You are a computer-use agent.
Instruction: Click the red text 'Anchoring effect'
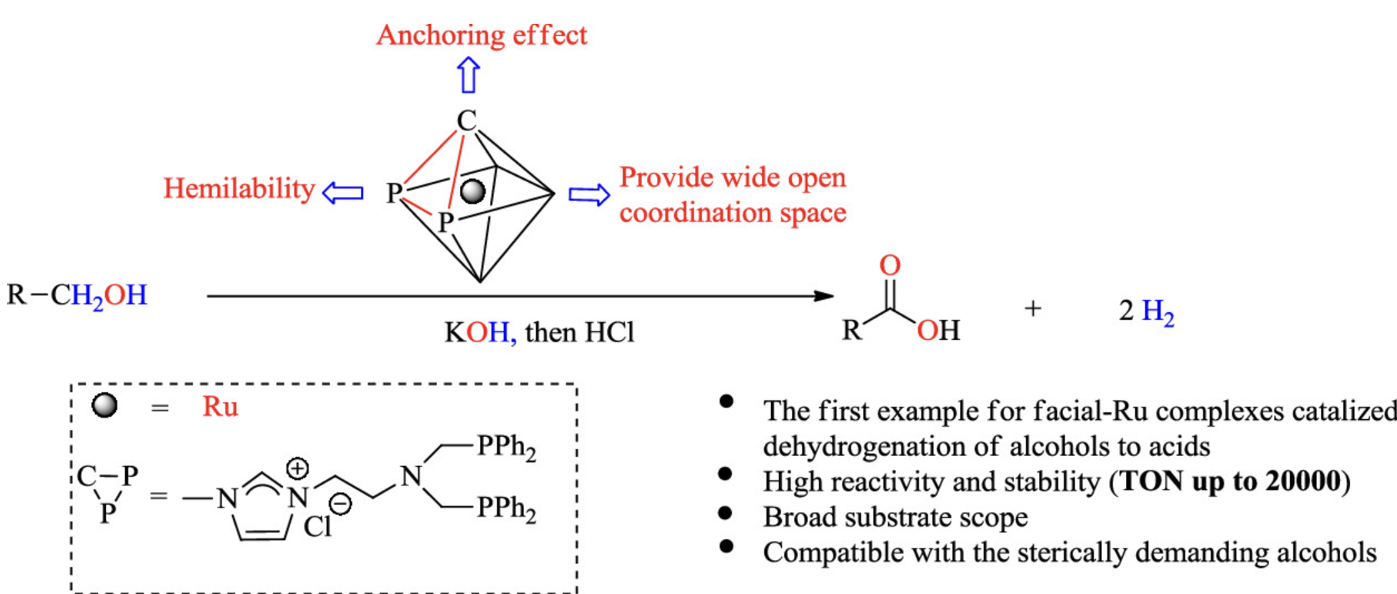482,35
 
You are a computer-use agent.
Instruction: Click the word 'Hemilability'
239,189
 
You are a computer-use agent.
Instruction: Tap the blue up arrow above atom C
468,76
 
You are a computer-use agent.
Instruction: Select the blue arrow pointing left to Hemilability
343,192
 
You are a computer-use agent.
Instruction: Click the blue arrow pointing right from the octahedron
588,194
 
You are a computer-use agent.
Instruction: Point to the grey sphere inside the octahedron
472,191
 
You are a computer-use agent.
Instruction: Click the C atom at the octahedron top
466,121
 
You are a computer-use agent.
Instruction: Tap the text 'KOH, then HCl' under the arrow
539,332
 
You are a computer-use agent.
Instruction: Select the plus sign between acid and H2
1033,309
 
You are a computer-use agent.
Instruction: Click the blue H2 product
1157,312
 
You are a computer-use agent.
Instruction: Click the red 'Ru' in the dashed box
220,406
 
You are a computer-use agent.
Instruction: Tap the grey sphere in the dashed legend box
104,404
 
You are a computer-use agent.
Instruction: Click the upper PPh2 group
506,447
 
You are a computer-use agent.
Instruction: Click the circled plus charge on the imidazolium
297,468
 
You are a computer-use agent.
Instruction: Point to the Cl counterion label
317,526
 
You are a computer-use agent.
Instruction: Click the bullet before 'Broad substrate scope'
726,513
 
